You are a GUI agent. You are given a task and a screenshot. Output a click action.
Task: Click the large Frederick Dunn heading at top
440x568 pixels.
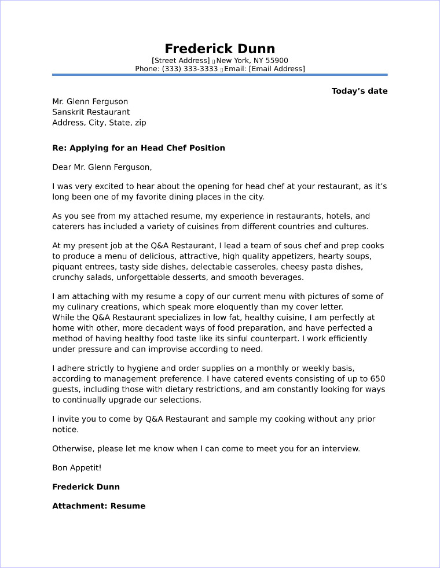(x=219, y=48)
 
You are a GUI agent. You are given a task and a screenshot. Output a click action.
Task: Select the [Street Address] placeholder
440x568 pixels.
(x=181, y=60)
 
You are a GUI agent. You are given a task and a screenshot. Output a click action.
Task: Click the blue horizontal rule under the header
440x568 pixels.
(x=219, y=75)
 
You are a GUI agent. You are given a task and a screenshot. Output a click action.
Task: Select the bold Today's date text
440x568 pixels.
(x=359, y=91)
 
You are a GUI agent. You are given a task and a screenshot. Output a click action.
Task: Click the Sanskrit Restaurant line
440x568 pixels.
(x=91, y=112)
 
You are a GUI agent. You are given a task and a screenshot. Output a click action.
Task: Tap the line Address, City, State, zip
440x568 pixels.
(x=99, y=123)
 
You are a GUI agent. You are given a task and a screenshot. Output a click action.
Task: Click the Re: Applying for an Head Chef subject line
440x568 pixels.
(x=138, y=148)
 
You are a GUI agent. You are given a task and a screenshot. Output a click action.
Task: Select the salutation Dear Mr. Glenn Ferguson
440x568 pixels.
(x=102, y=168)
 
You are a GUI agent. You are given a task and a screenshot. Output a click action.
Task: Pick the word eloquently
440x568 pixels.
(x=237, y=307)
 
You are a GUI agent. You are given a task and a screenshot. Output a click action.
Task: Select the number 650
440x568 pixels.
(x=377, y=379)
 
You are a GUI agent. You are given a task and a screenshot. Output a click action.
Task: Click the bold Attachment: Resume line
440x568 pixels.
(x=98, y=506)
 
